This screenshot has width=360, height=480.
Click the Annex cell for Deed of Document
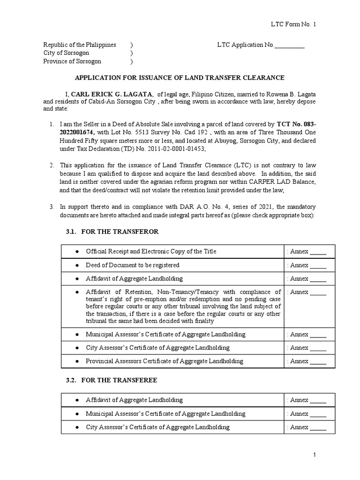306,265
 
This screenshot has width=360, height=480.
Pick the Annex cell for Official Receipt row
306,252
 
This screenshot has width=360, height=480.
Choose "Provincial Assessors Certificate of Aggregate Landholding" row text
164,361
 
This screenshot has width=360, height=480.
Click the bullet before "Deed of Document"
77,265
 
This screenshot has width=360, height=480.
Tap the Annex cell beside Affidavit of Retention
306,292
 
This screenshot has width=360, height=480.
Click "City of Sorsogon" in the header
66,53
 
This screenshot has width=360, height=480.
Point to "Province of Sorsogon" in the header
72,61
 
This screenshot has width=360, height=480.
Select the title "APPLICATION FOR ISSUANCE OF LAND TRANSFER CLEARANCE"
180,77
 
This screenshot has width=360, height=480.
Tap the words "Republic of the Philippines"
80,45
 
